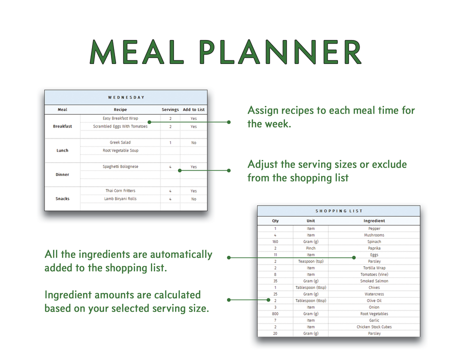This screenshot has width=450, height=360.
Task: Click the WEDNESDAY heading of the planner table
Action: [x=126, y=97]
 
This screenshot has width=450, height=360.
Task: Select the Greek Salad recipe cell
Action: [x=120, y=142]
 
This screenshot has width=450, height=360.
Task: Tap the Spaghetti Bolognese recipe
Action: [x=120, y=166]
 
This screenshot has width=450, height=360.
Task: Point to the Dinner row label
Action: [x=62, y=174]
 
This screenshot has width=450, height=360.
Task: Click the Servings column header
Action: [x=170, y=109]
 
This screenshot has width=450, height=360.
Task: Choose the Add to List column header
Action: [x=193, y=109]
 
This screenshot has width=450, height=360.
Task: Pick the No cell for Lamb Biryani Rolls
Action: [x=193, y=199]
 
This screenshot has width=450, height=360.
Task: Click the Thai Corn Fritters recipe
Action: [x=120, y=190]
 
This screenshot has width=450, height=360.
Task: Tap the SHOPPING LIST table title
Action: [x=339, y=211]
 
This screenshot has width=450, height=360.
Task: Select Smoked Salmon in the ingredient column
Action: [x=374, y=281]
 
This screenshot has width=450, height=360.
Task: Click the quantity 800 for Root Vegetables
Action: [x=275, y=314]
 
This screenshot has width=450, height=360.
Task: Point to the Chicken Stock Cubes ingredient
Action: [x=374, y=327]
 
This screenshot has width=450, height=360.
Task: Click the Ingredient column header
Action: [x=374, y=220]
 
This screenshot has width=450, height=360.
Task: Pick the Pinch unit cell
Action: [x=311, y=248]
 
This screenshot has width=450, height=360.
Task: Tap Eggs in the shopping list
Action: [x=374, y=255]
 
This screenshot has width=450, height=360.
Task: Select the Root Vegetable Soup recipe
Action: [x=120, y=150]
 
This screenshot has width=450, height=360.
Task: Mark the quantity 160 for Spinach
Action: [x=275, y=241]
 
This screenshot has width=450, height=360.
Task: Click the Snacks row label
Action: [x=62, y=198]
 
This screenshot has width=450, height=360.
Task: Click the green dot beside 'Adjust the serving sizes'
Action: [x=229, y=170]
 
